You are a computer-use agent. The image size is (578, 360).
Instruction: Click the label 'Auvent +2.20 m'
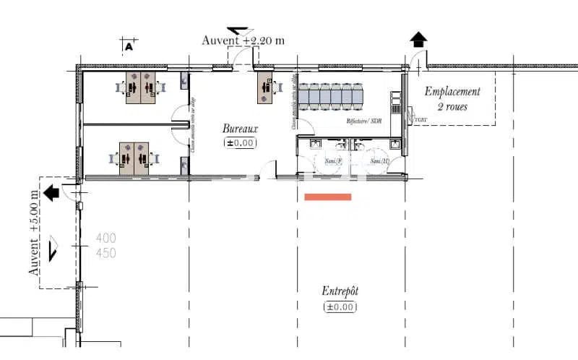click(243, 40)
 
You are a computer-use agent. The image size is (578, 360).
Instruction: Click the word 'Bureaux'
click(240, 128)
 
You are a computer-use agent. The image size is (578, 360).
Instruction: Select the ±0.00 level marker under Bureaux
click(240, 143)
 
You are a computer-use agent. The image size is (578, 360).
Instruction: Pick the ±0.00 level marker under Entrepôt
click(340, 307)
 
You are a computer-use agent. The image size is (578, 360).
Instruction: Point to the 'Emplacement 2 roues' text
click(452, 99)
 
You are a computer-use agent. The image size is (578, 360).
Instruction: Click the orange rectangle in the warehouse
click(328, 197)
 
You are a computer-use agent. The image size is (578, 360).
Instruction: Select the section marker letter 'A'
click(129, 47)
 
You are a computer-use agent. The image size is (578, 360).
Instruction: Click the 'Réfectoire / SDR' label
click(363, 121)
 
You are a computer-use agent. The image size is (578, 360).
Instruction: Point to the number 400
click(106, 238)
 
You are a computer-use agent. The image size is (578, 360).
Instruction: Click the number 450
click(106, 253)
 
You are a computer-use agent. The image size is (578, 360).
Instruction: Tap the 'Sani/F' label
click(334, 160)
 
